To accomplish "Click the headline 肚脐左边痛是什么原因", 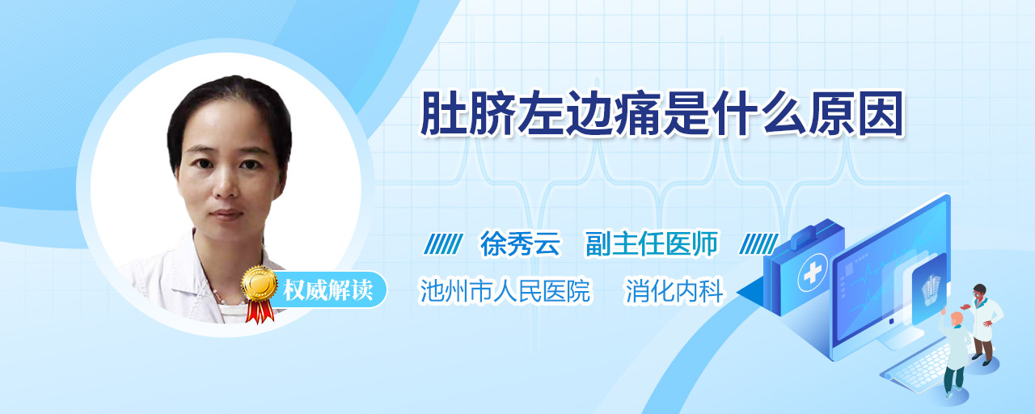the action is pos(661,114).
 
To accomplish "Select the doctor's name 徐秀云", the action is pos(520,243).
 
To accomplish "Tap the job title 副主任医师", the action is pos(652,243).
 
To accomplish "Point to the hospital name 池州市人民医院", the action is pos(505,290).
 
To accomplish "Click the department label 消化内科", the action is pos(674,290).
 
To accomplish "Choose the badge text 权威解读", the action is pos(327,290).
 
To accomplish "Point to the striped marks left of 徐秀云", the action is pos(443,244).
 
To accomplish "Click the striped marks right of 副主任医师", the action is pos(758,244).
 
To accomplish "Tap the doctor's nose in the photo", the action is pos(226,184).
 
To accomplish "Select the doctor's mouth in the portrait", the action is pos(226,215).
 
